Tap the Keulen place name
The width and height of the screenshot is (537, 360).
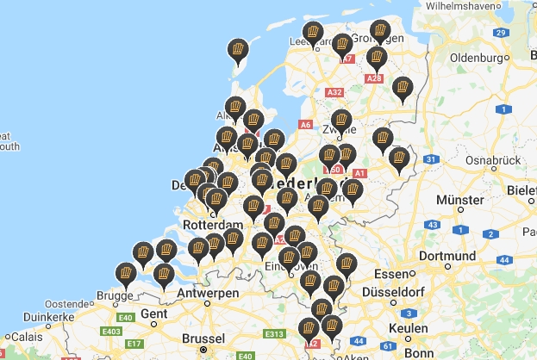407,330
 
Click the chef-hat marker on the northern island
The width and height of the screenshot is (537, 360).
237,50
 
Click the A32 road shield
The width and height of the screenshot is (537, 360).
335,91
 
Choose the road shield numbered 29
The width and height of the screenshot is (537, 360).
500,33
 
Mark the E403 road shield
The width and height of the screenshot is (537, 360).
110,331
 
